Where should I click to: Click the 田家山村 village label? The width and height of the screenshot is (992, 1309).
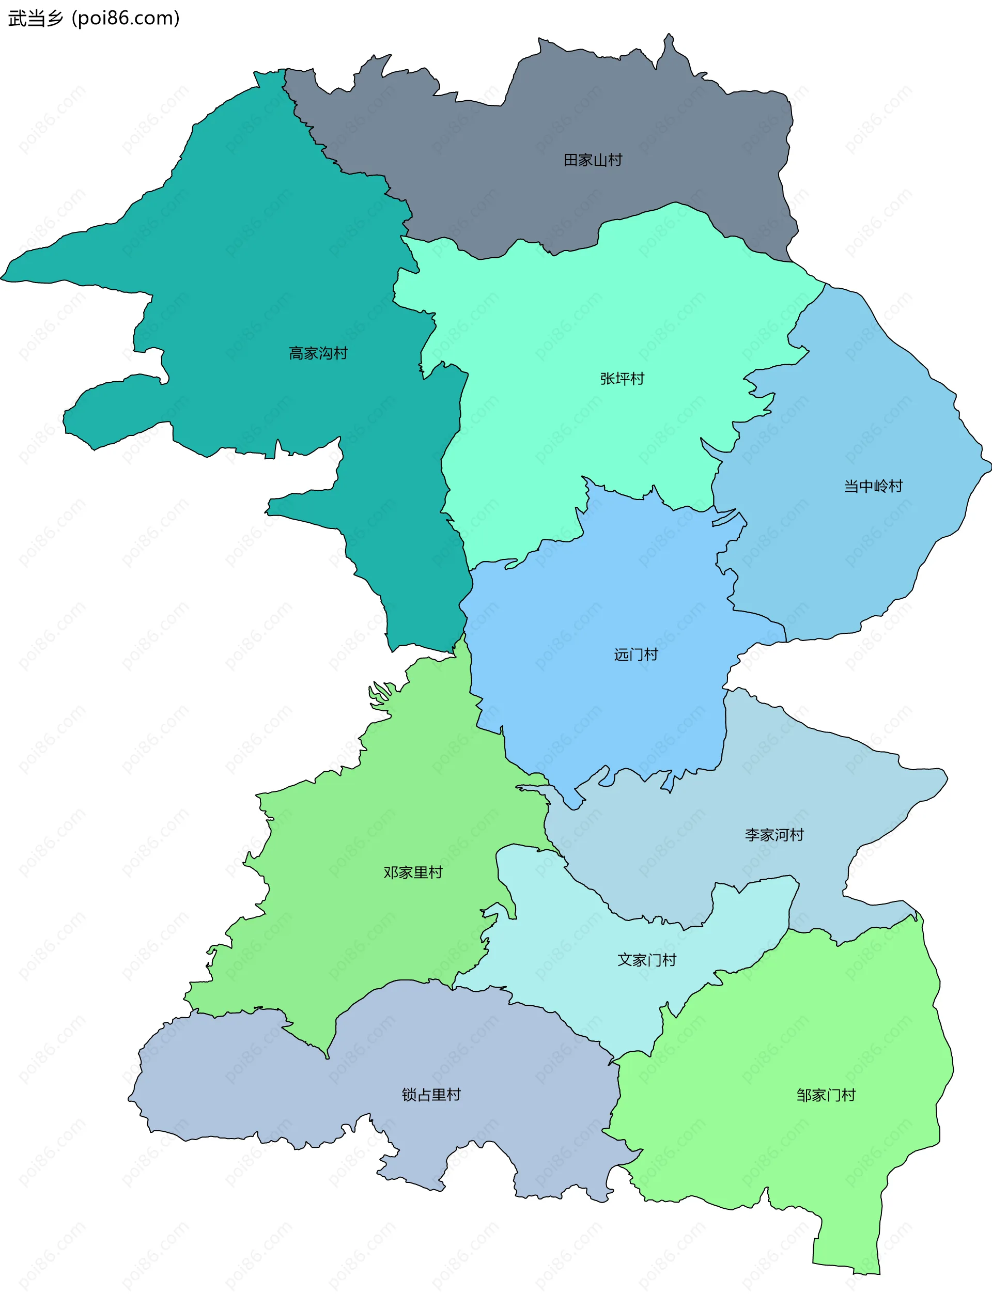593,160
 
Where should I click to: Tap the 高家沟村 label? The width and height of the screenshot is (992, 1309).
318,353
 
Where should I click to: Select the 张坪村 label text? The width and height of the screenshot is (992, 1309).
622,379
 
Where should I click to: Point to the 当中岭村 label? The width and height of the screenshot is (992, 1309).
873,487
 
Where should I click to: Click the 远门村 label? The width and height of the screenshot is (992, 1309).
636,654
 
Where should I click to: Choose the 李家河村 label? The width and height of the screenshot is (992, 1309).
774,835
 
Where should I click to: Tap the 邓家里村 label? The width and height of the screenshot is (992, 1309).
412,872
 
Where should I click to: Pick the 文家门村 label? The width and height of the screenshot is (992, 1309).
646,960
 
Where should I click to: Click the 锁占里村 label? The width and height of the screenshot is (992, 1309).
431,1095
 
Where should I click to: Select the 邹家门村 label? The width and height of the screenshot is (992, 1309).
826,1095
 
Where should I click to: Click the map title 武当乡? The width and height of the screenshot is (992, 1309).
36,19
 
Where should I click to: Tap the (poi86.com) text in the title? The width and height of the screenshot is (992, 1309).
126,19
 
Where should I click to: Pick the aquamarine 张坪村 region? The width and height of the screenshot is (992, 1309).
562,332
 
